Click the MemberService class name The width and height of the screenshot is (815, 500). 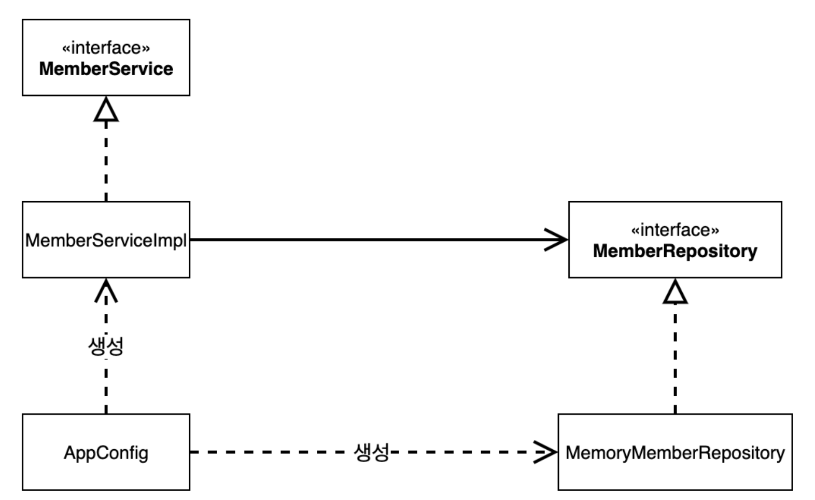click(x=106, y=69)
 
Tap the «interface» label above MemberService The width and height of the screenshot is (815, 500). click(x=106, y=48)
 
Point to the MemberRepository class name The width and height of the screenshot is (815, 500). click(x=676, y=251)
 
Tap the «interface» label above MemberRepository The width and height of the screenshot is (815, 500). click(x=676, y=230)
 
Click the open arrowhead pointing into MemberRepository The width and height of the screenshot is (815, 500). click(x=556, y=240)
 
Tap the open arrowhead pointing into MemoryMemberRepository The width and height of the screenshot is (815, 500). click(x=545, y=452)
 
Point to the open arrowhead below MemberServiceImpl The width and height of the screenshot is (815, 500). click(x=106, y=290)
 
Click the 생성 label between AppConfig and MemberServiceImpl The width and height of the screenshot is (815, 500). click(x=106, y=346)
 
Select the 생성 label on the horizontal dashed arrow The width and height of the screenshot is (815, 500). click(x=372, y=452)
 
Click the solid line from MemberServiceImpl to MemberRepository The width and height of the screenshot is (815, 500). click(x=379, y=240)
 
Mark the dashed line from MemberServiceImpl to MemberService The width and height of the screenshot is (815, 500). click(x=106, y=161)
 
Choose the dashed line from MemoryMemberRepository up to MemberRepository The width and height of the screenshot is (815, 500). click(x=676, y=358)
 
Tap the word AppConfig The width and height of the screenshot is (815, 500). click(x=106, y=453)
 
